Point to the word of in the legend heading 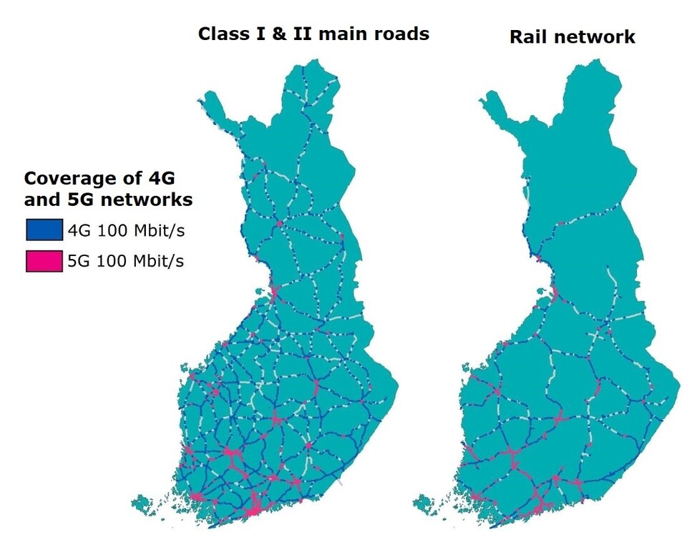pyautogui.click(x=134, y=179)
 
